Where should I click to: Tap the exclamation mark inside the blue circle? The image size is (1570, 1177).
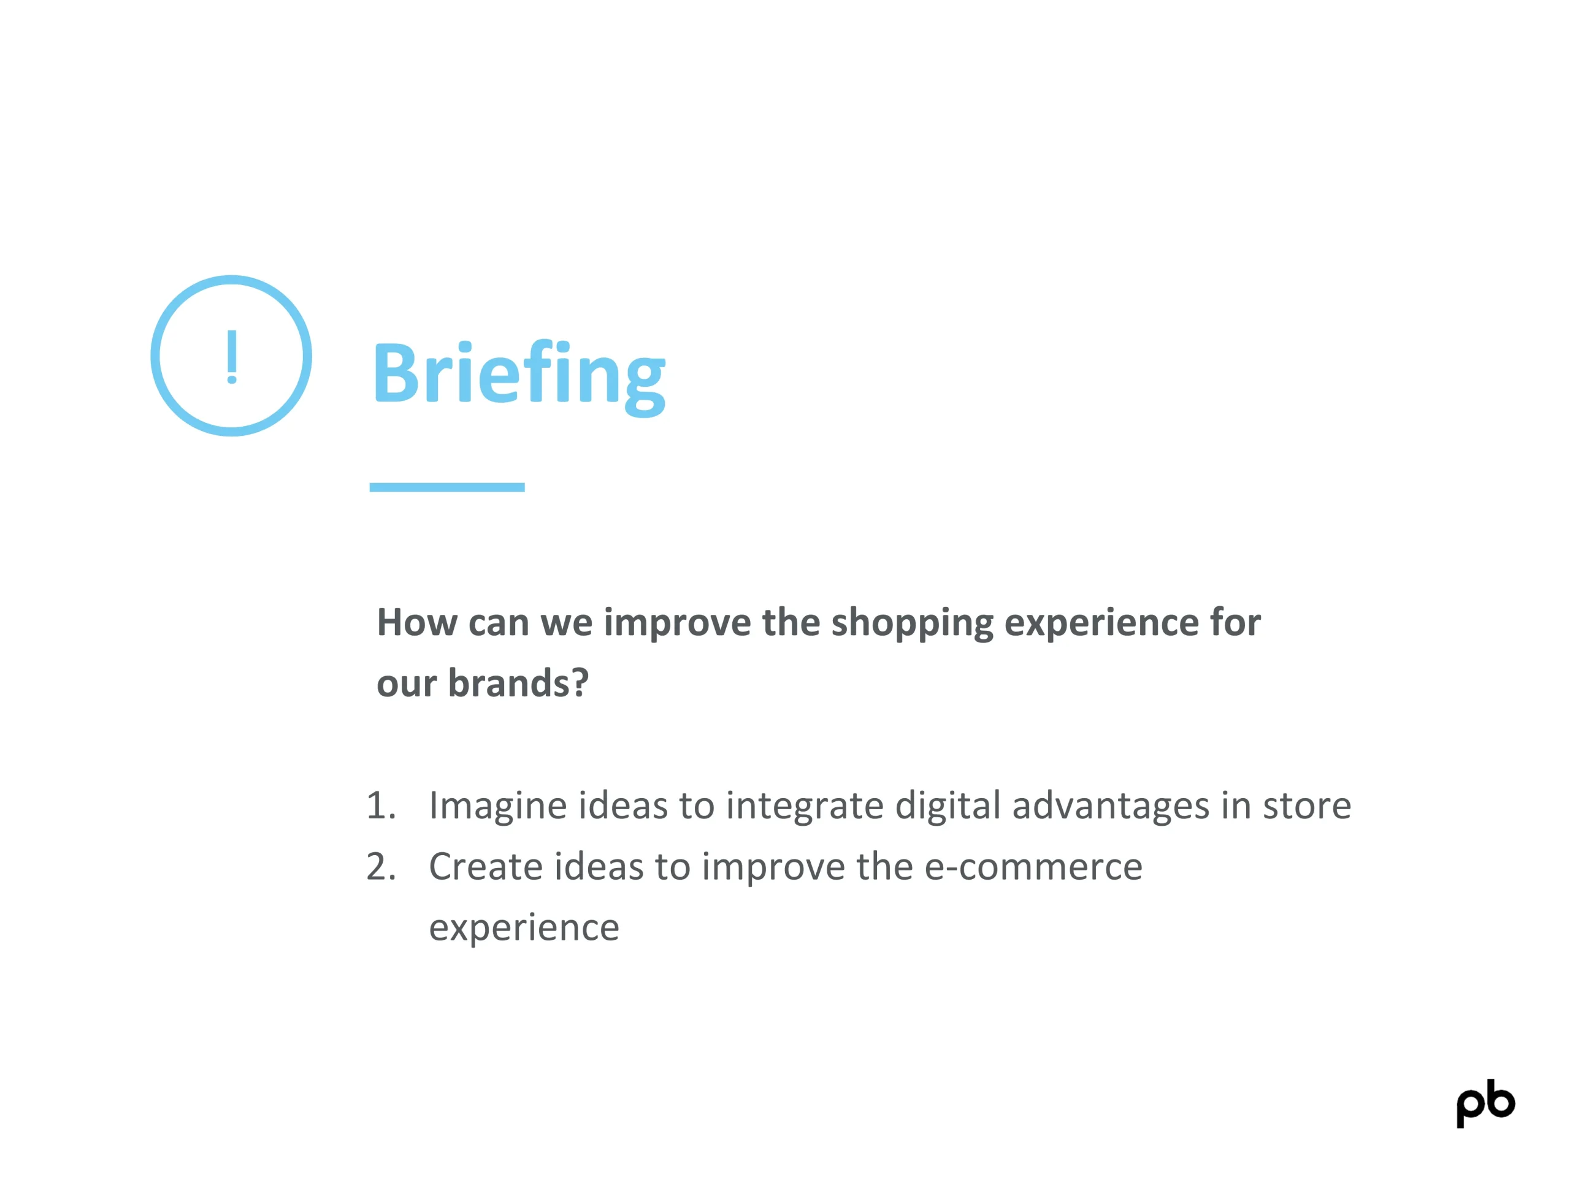pyautogui.click(x=231, y=357)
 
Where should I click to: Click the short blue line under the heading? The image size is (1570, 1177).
pyautogui.click(x=447, y=487)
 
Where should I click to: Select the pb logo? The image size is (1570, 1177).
pyautogui.click(x=1485, y=1103)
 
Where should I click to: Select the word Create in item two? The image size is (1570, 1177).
pyautogui.click(x=486, y=867)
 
